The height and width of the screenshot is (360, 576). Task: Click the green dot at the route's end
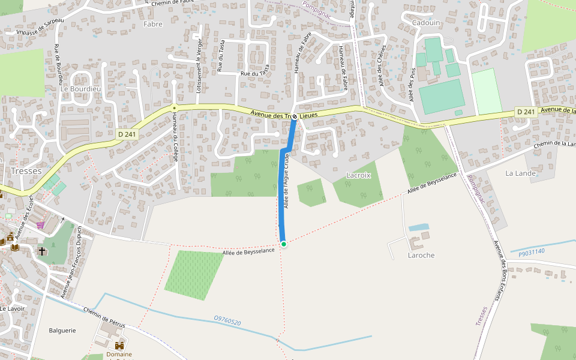283,244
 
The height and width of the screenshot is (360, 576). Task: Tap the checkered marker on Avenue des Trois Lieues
295,115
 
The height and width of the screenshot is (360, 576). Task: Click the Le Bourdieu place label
80,89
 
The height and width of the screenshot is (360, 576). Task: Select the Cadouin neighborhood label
426,22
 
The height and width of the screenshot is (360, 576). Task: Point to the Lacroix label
359,175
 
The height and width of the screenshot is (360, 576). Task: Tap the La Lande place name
520,173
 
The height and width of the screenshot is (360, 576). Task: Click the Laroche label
421,255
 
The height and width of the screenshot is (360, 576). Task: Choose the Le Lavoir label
12,308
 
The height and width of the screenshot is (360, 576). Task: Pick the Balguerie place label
62,330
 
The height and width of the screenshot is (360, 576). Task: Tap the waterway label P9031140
531,251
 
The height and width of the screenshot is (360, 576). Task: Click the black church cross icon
42,251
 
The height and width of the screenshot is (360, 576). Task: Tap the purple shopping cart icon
40,225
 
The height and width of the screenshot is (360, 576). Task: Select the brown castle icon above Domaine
119,346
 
